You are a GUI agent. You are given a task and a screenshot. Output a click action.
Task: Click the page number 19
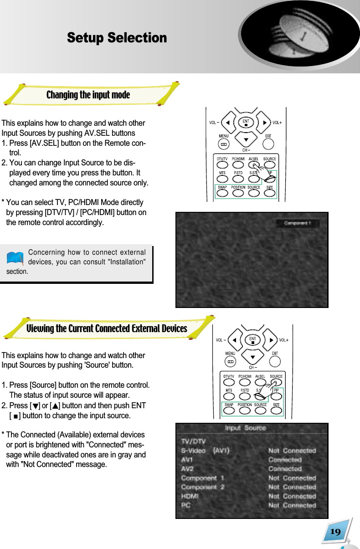(x=335, y=532)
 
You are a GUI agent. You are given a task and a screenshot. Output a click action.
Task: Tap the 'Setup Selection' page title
(x=117, y=38)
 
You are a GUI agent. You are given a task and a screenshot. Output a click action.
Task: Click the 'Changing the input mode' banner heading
(x=88, y=95)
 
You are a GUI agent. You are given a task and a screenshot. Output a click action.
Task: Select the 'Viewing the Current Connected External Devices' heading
(x=107, y=328)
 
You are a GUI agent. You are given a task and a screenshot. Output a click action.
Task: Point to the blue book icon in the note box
(x=15, y=258)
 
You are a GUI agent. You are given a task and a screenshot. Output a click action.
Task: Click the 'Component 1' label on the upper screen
(x=298, y=224)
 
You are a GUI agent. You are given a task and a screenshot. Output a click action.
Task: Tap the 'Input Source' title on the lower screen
(x=245, y=428)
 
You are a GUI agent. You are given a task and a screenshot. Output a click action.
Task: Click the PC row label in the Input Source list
(x=186, y=505)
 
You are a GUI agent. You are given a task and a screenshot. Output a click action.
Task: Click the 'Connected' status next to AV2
(x=285, y=469)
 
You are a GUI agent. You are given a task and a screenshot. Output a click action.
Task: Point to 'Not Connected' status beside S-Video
(x=292, y=451)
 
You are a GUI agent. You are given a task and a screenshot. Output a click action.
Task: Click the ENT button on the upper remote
(x=246, y=122)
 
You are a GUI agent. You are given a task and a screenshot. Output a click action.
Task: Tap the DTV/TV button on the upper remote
(x=222, y=166)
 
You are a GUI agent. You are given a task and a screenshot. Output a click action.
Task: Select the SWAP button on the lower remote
(x=228, y=410)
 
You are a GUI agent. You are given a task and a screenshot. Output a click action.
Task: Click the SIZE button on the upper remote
(x=269, y=193)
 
